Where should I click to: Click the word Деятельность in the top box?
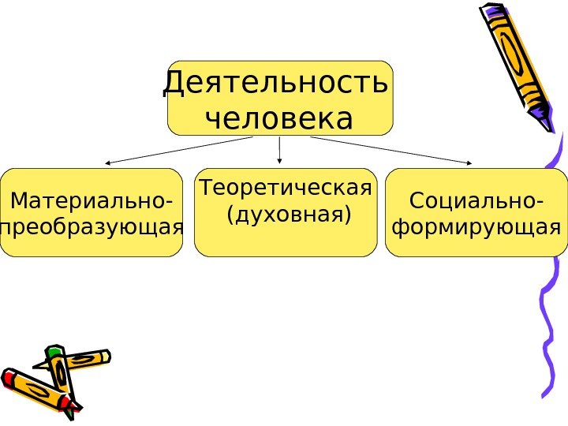coord(275,84)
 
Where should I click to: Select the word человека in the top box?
coord(278,119)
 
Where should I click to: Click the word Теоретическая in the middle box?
coord(286,189)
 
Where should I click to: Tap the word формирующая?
coord(476,228)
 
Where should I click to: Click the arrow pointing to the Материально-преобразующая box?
coord(177,150)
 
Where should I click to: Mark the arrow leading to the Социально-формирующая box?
coord(390,150)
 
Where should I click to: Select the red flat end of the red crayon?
coord(8,378)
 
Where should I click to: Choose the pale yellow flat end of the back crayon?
coord(104,357)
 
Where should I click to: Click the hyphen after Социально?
coord(538,203)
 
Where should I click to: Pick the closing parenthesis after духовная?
coord(347,215)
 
